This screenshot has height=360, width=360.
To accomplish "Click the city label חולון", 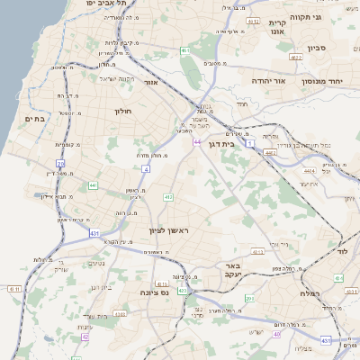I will [123, 112].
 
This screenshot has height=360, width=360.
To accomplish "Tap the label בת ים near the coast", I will [35, 118].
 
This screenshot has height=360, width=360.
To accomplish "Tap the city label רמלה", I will [311, 294].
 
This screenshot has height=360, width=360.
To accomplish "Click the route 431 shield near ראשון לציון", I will [95, 234].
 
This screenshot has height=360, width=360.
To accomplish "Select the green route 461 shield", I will [184, 51].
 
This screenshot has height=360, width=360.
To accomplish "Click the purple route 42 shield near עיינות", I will [85, 337].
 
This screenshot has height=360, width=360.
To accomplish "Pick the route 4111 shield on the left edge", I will [13, 289].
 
